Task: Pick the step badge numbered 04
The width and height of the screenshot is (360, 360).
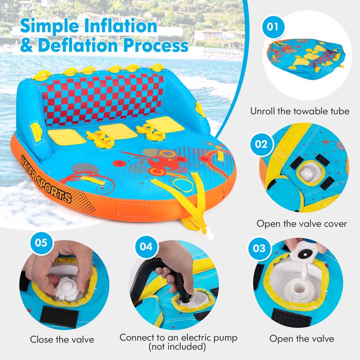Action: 145,247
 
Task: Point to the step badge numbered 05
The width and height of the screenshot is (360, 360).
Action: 41,243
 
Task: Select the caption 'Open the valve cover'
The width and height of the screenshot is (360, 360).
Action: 301,224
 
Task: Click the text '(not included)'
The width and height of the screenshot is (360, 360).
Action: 178,347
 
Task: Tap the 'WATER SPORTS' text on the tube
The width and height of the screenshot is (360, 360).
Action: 45,177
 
